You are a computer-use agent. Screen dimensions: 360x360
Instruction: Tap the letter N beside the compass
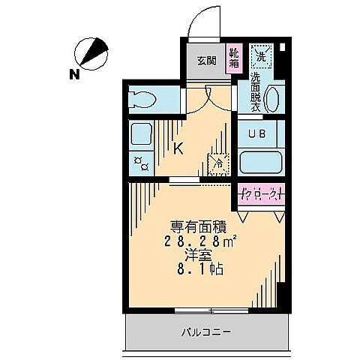(73, 73)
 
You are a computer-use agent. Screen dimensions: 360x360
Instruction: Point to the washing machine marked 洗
(262, 55)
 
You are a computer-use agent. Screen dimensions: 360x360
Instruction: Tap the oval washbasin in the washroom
(272, 100)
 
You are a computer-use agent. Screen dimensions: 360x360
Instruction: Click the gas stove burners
(140, 161)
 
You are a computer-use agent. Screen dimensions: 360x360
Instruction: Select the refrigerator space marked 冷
(218, 161)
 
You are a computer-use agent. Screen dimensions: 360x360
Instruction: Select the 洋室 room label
(196, 255)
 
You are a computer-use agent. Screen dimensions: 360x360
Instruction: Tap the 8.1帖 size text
(196, 270)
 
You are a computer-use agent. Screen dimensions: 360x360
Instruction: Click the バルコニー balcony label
(205, 331)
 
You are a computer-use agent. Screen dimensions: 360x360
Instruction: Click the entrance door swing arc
(201, 22)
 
